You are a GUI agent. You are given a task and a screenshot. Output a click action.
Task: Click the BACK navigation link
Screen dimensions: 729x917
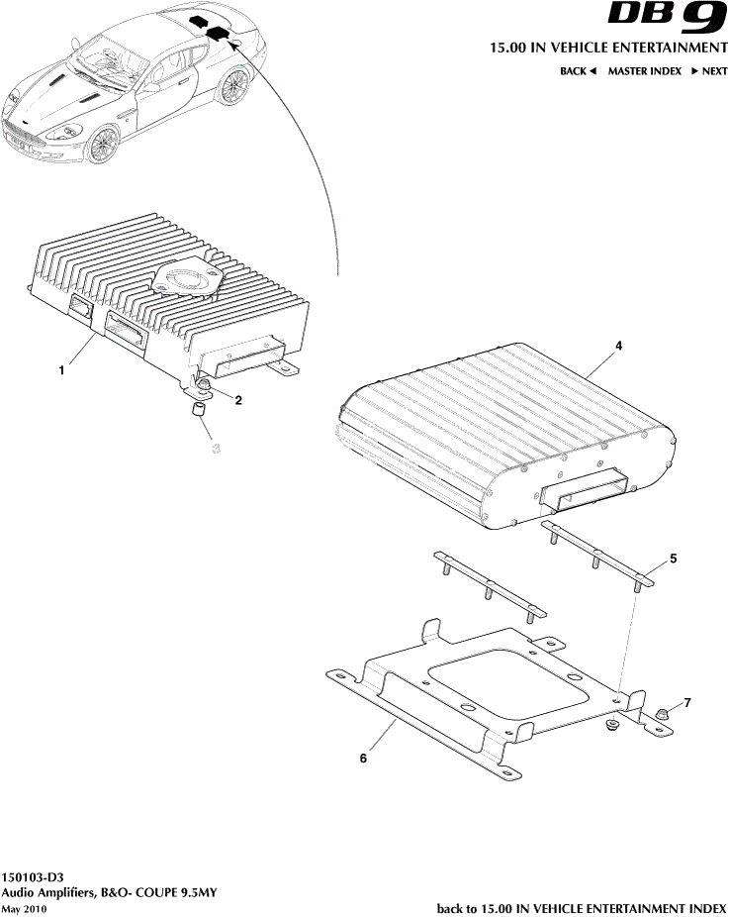(x=578, y=70)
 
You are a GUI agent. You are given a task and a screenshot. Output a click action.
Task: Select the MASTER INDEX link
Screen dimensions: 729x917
(x=644, y=70)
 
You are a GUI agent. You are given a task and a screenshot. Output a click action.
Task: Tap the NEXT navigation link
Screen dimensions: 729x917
(x=709, y=70)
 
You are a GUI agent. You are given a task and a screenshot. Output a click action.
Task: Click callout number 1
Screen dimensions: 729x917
(x=61, y=370)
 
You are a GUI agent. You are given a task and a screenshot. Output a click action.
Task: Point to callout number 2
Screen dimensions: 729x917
(x=238, y=400)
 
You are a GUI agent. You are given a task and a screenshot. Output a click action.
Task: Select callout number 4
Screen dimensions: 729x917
(x=618, y=346)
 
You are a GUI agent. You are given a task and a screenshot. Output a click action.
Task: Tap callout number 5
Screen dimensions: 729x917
(x=673, y=559)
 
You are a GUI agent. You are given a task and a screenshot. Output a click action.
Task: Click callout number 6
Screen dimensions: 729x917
(x=363, y=758)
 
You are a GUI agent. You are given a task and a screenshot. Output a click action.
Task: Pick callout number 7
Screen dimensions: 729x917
(x=687, y=702)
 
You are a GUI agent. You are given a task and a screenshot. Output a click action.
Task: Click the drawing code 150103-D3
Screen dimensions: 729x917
(x=32, y=877)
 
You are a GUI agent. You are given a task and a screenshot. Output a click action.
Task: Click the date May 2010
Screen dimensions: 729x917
(x=24, y=909)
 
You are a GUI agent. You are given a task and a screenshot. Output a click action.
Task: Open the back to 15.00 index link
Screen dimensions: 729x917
(x=582, y=908)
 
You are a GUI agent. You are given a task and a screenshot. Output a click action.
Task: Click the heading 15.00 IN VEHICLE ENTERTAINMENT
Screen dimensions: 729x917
(x=608, y=48)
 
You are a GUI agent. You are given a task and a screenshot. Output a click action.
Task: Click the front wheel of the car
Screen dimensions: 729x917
(x=102, y=145)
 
